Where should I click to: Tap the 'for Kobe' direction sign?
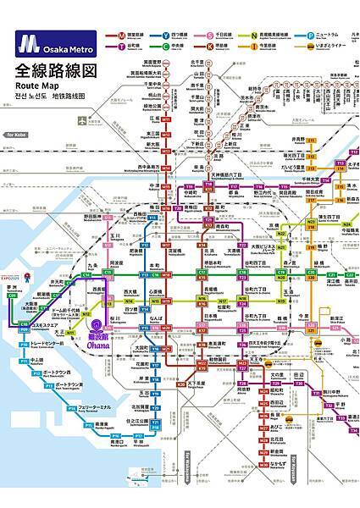coord(17,135)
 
